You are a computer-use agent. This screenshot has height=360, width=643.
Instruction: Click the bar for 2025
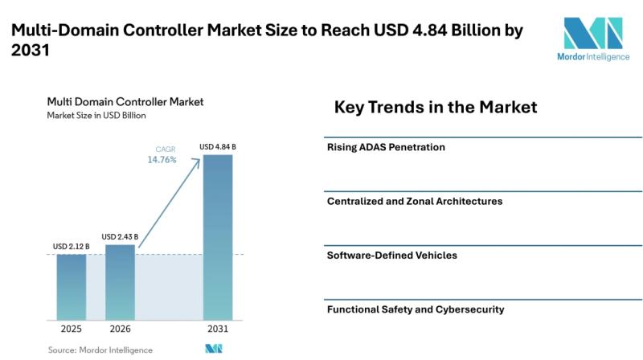coord(72,287)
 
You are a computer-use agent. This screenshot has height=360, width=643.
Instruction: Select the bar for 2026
coord(120,283)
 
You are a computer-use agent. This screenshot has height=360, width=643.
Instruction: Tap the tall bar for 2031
coord(218,237)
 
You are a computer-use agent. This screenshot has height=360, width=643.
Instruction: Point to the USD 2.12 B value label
coord(71,247)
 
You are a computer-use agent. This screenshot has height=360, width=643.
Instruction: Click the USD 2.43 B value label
coord(120,237)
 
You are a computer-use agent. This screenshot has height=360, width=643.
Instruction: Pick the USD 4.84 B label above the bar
coord(218,147)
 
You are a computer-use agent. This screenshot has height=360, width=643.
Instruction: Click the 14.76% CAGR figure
coord(162,159)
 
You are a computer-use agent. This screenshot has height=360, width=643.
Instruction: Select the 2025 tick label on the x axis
coord(72,329)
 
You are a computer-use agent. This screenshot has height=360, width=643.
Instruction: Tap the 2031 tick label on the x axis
coord(218,329)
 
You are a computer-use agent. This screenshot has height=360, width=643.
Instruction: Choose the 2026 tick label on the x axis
coord(120,329)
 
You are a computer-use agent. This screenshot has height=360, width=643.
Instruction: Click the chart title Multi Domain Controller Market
coord(125,102)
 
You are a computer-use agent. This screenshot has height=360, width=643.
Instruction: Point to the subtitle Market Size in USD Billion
coord(96,116)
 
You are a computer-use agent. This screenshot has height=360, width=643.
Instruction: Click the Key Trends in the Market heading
coord(436,107)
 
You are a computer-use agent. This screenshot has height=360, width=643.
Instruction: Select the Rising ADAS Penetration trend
coord(386,147)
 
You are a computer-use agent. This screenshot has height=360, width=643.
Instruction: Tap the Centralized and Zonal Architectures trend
coord(415,202)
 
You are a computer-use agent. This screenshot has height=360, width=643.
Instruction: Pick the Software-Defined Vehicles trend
coord(391,256)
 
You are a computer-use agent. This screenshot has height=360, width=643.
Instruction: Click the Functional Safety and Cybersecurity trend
coord(416,309)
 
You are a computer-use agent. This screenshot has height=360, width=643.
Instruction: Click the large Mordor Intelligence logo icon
coord(593,33)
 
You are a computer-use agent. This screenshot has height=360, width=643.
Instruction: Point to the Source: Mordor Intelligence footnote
coord(100,350)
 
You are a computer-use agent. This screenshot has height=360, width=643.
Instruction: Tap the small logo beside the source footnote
coord(214,349)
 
